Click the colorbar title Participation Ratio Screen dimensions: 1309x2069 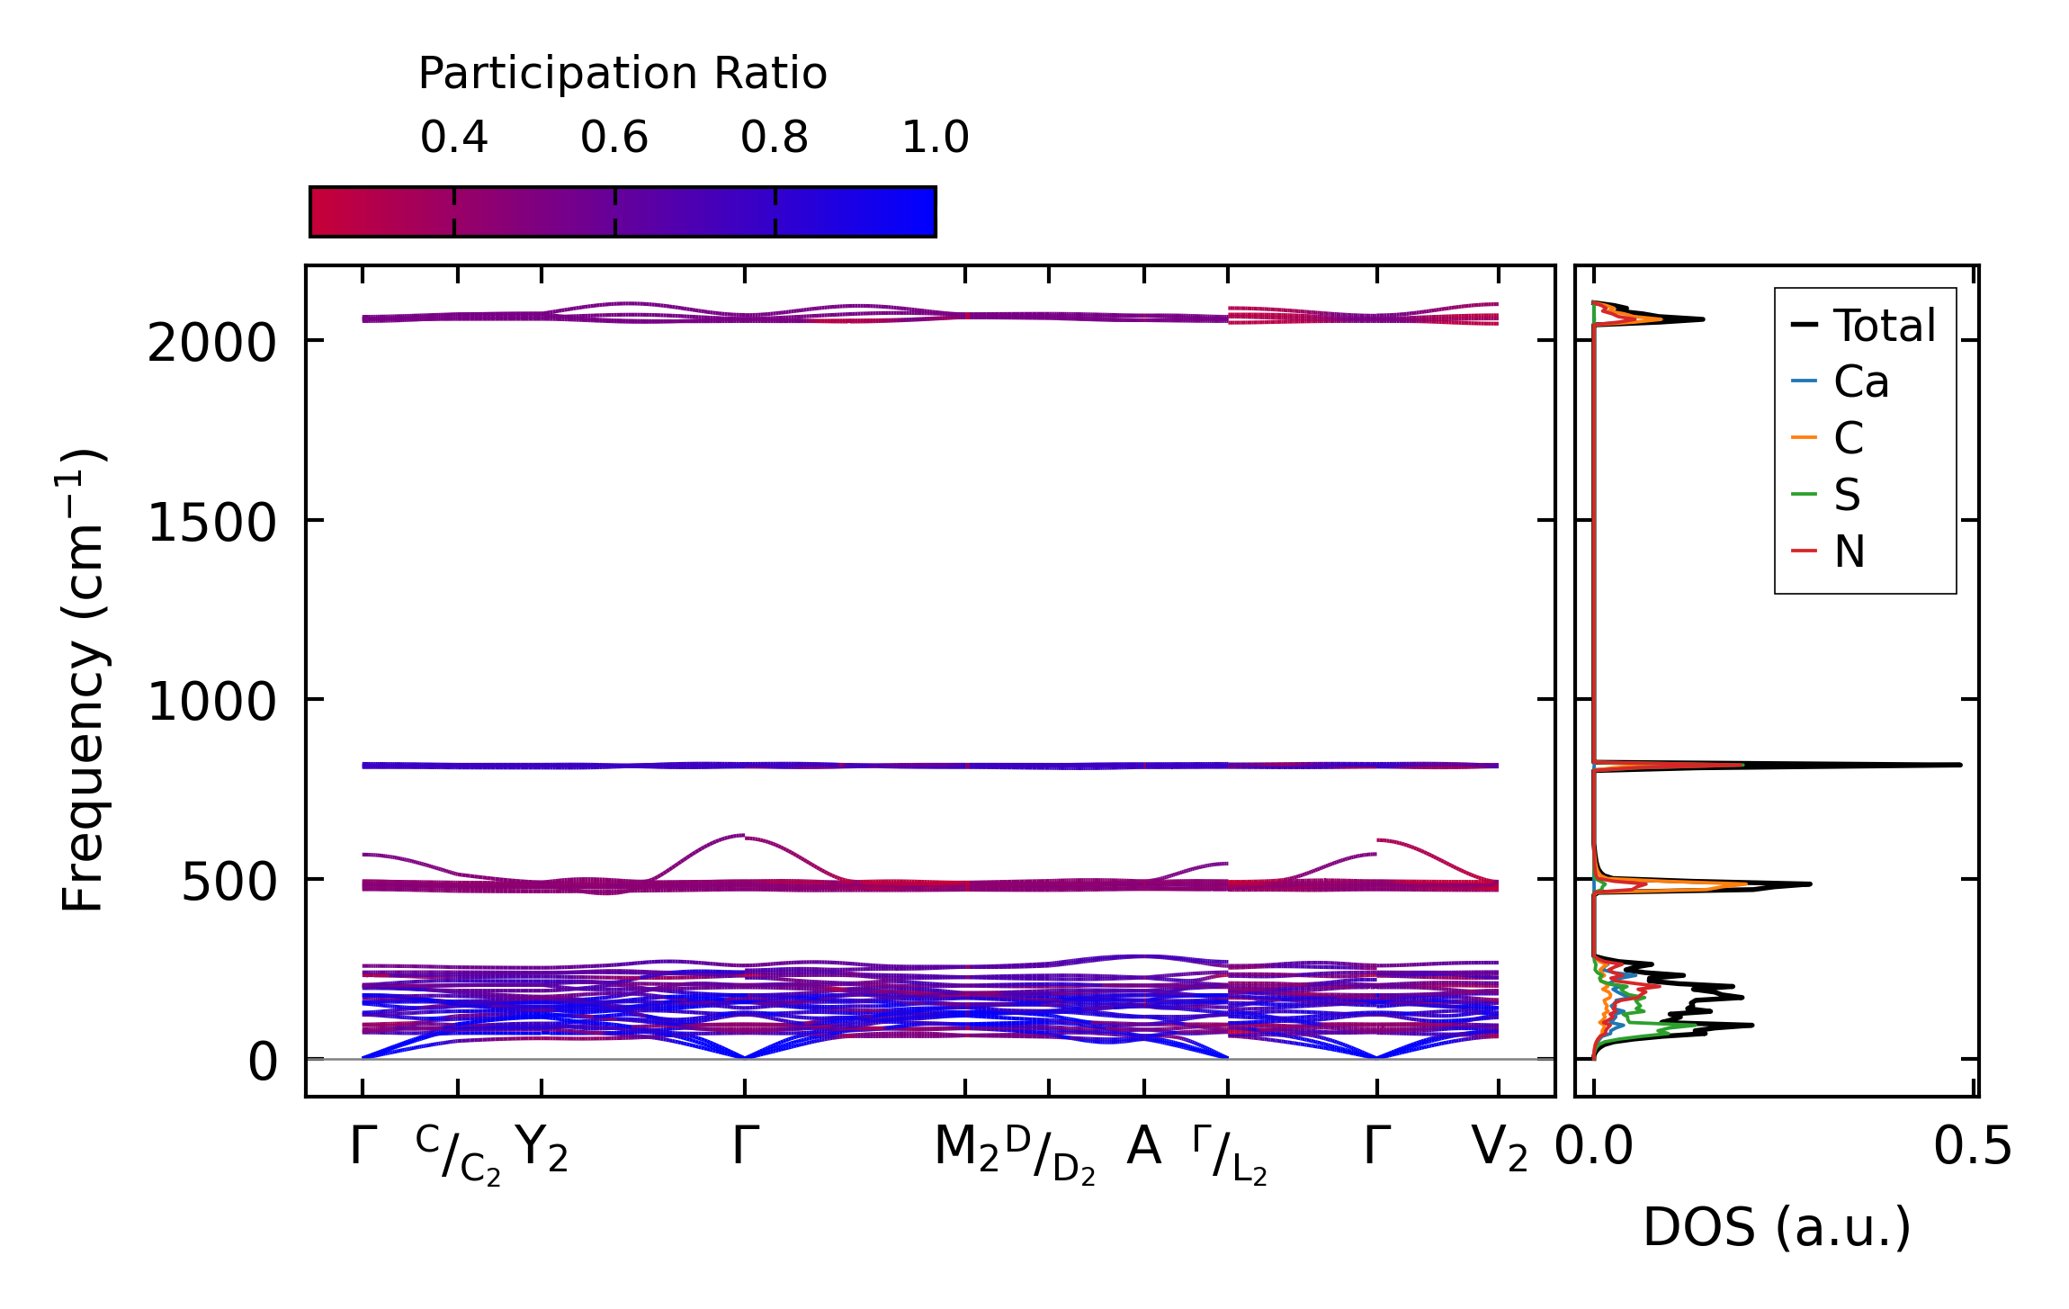pyautogui.click(x=622, y=74)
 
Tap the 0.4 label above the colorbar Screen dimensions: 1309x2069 pyautogui.click(x=453, y=138)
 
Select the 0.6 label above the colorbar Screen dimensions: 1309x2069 pyautogui.click(x=614, y=138)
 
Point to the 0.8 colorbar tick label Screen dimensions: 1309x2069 pyautogui.click(x=775, y=138)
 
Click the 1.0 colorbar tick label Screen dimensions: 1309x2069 pyautogui.click(x=936, y=138)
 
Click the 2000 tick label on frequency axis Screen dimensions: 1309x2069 pyautogui.click(x=211, y=344)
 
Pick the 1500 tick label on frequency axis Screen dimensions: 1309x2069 pyautogui.click(x=211, y=523)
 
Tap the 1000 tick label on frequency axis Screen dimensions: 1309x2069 pyautogui.click(x=211, y=702)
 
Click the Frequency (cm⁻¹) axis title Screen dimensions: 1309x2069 pyautogui.click(x=83, y=680)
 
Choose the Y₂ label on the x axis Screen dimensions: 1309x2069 pyautogui.click(x=542, y=1149)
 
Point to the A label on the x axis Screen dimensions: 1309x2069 pyautogui.click(x=1143, y=1147)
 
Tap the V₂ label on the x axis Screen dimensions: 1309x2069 pyautogui.click(x=1500, y=1149)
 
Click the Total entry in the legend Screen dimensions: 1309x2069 pyautogui.click(x=1884, y=326)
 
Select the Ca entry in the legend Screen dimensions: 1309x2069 pyautogui.click(x=1860, y=382)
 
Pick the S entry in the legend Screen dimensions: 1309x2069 pyautogui.click(x=1847, y=495)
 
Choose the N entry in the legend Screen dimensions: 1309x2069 pyautogui.click(x=1849, y=551)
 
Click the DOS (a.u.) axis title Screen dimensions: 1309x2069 pyautogui.click(x=1777, y=1228)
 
